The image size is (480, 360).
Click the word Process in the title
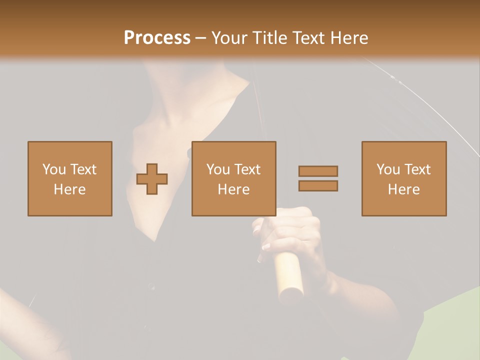click(x=157, y=38)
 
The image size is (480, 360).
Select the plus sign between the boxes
click(x=152, y=179)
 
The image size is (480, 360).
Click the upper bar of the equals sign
click(x=318, y=171)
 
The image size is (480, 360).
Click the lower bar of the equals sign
click(x=318, y=185)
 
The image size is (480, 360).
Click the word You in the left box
click(x=54, y=169)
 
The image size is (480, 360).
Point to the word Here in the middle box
click(x=234, y=189)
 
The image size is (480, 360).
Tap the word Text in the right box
click(x=417, y=169)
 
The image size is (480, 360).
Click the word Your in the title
click(x=229, y=38)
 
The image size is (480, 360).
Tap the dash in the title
click(x=200, y=38)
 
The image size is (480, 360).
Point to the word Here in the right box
click(x=404, y=189)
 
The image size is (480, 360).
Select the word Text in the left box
click(x=83, y=169)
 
